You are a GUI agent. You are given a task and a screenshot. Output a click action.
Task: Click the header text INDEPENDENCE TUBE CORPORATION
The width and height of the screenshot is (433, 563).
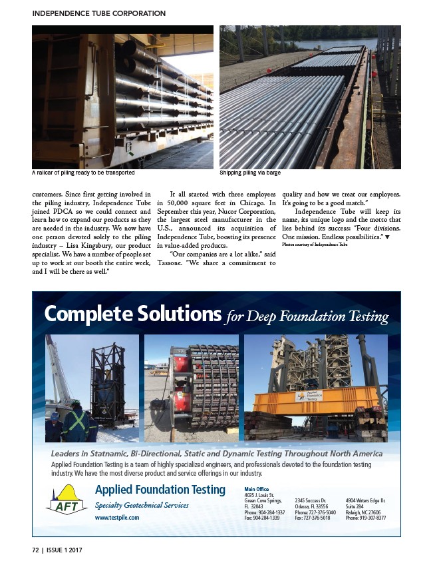(99, 13)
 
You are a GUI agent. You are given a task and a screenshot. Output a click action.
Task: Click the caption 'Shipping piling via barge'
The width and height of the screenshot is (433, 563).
(250, 173)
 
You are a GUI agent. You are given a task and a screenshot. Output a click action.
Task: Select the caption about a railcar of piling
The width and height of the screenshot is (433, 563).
(78, 173)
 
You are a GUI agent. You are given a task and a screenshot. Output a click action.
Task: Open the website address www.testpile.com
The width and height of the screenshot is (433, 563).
(117, 517)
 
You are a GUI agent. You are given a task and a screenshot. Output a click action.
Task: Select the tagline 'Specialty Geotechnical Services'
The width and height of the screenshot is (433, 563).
(142, 505)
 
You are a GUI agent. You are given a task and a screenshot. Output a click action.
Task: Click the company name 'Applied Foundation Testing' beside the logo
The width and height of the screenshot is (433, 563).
(160, 490)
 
